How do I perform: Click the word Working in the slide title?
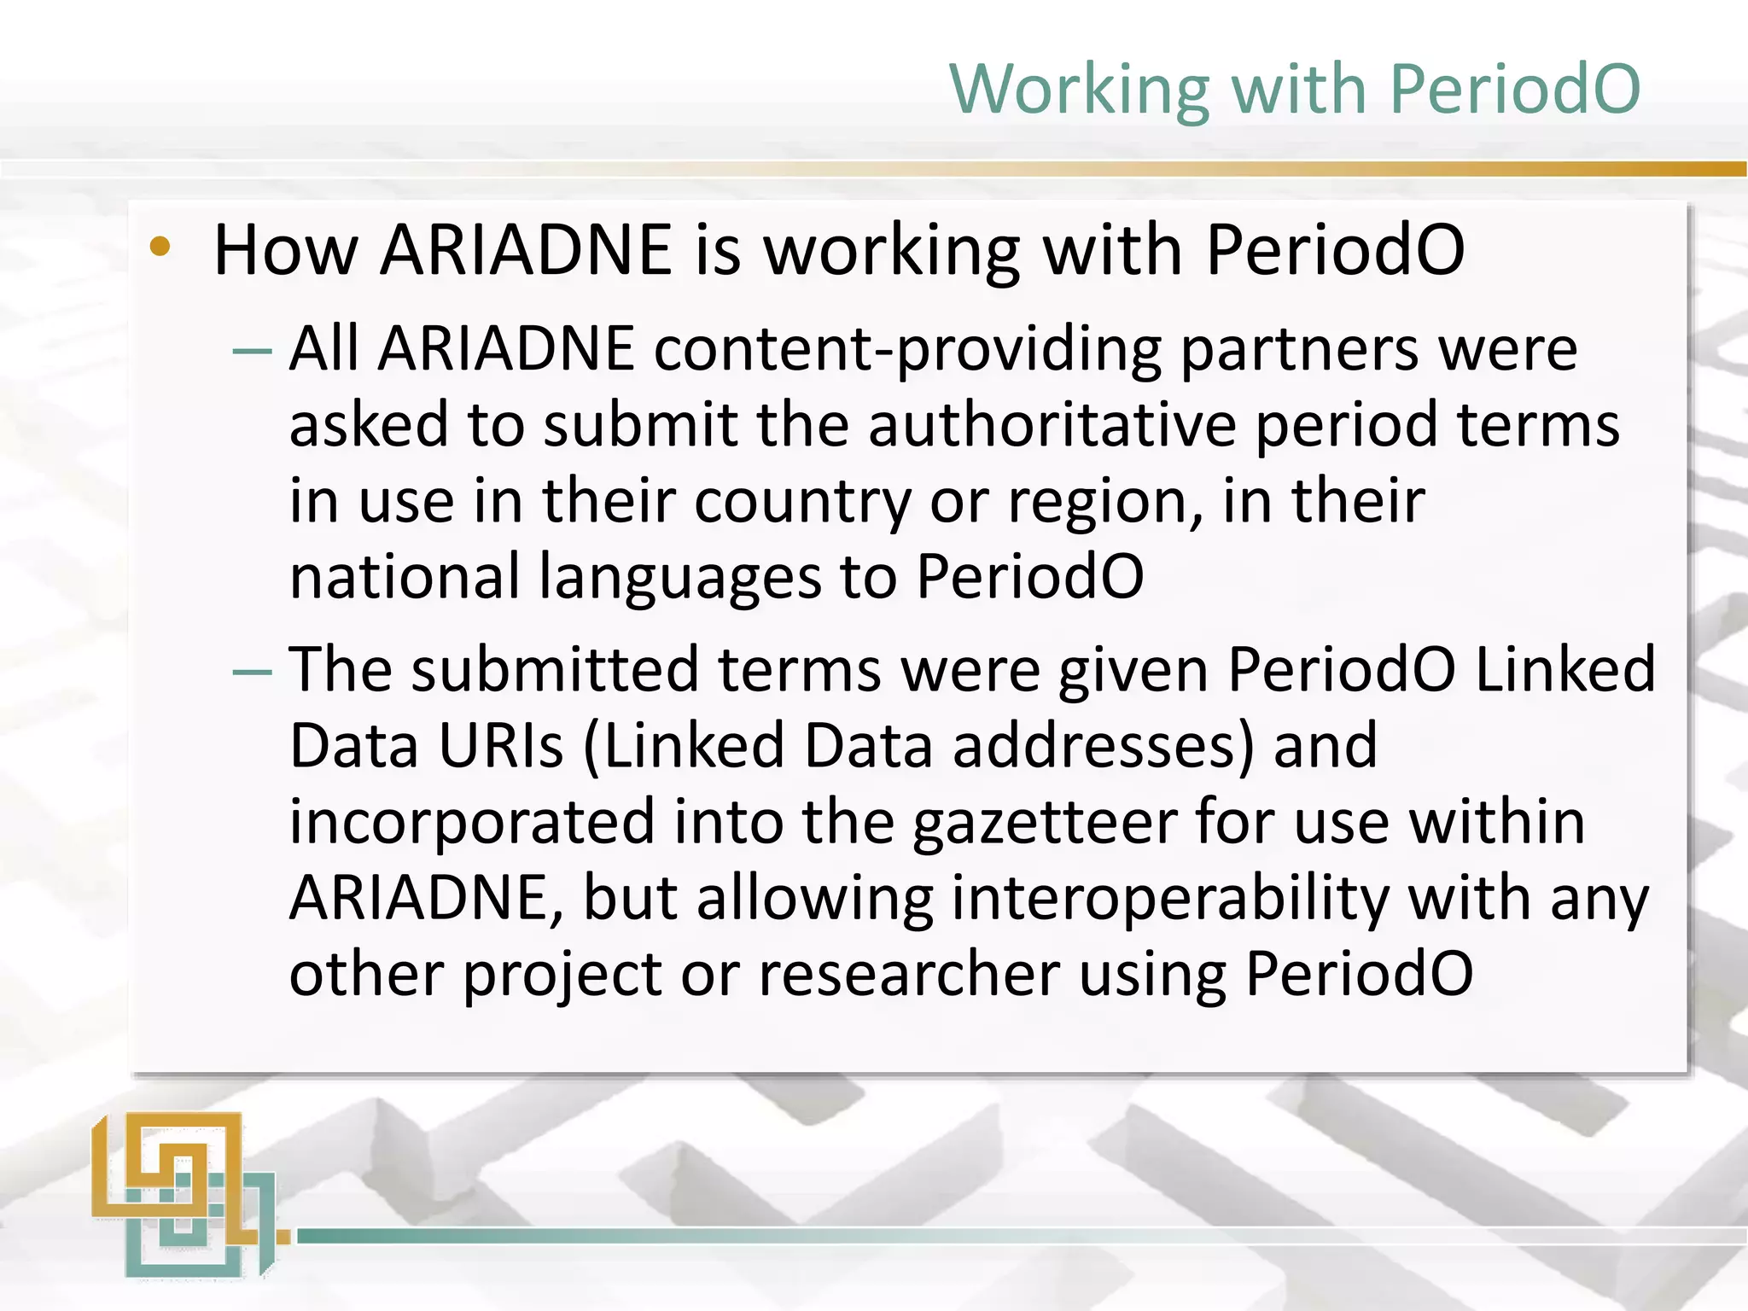click(x=1080, y=90)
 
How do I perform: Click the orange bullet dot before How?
click(x=160, y=248)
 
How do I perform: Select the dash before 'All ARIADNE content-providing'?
click(x=253, y=351)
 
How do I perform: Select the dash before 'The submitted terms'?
click(x=253, y=672)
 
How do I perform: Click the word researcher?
click(x=908, y=975)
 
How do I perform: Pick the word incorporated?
click(x=471, y=823)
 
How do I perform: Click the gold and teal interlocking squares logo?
click(x=184, y=1194)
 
